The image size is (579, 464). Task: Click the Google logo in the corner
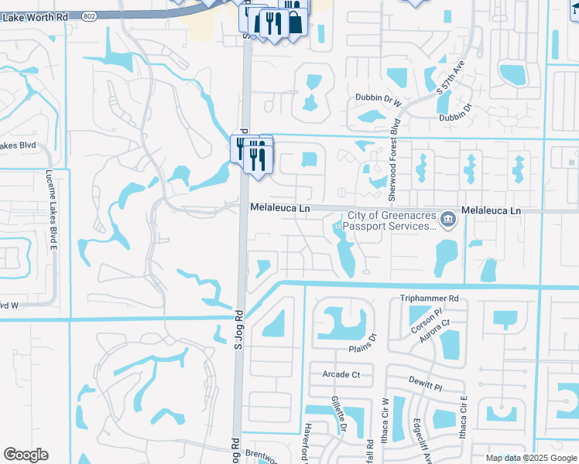pyautogui.click(x=26, y=455)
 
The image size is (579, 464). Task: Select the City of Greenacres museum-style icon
pyautogui.click(x=448, y=220)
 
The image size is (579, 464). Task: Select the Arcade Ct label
pyautogui.click(x=341, y=375)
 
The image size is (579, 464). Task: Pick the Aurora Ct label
pyautogui.click(x=437, y=332)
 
